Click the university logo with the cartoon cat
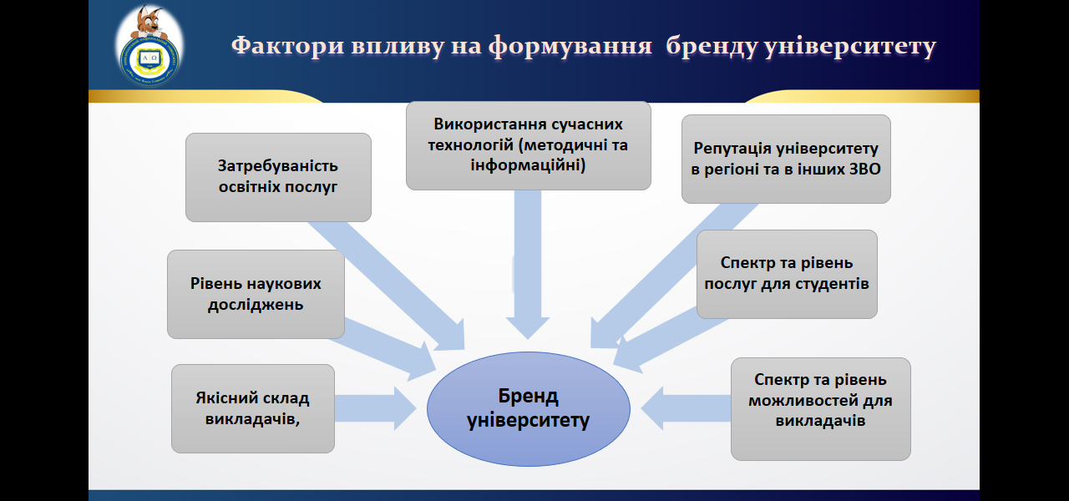tap(150, 48)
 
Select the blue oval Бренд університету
tap(528, 408)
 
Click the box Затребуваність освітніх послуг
tap(278, 177)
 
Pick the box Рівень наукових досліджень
tap(256, 294)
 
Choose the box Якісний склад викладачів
tap(253, 408)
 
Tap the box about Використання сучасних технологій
tap(528, 145)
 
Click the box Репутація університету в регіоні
tap(786, 159)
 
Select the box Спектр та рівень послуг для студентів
tap(787, 274)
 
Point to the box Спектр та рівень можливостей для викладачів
tap(820, 408)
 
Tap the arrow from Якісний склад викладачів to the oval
tap(376, 408)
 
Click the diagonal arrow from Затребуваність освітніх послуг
tap(384, 280)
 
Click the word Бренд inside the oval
tap(528, 396)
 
